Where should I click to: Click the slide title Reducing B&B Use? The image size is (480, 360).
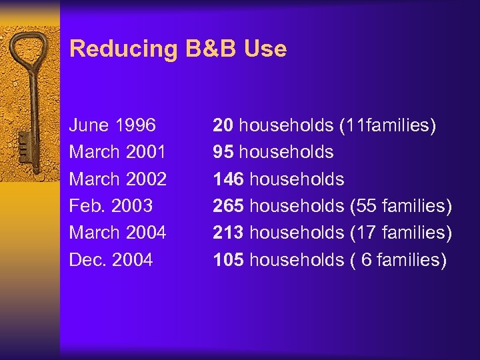[x=178, y=49]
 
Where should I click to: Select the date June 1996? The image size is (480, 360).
[x=113, y=125]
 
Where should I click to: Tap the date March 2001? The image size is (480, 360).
[x=118, y=152]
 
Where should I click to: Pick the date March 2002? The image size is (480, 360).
[x=118, y=179]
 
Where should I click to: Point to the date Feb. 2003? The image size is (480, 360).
[x=111, y=206]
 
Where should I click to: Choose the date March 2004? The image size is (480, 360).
[x=118, y=233]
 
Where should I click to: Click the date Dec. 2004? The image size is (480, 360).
[x=111, y=260]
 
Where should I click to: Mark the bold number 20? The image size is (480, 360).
[x=223, y=125]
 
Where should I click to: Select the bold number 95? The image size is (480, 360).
[x=223, y=152]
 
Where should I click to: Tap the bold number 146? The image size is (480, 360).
[x=228, y=179]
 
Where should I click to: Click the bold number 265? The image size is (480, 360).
[x=228, y=206]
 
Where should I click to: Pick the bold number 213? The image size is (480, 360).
[x=228, y=233]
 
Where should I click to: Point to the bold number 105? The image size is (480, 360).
[x=228, y=260]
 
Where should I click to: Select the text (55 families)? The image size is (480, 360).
[x=401, y=206]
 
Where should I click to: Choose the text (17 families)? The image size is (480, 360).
[x=401, y=233]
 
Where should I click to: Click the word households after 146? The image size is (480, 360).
[x=297, y=179]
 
